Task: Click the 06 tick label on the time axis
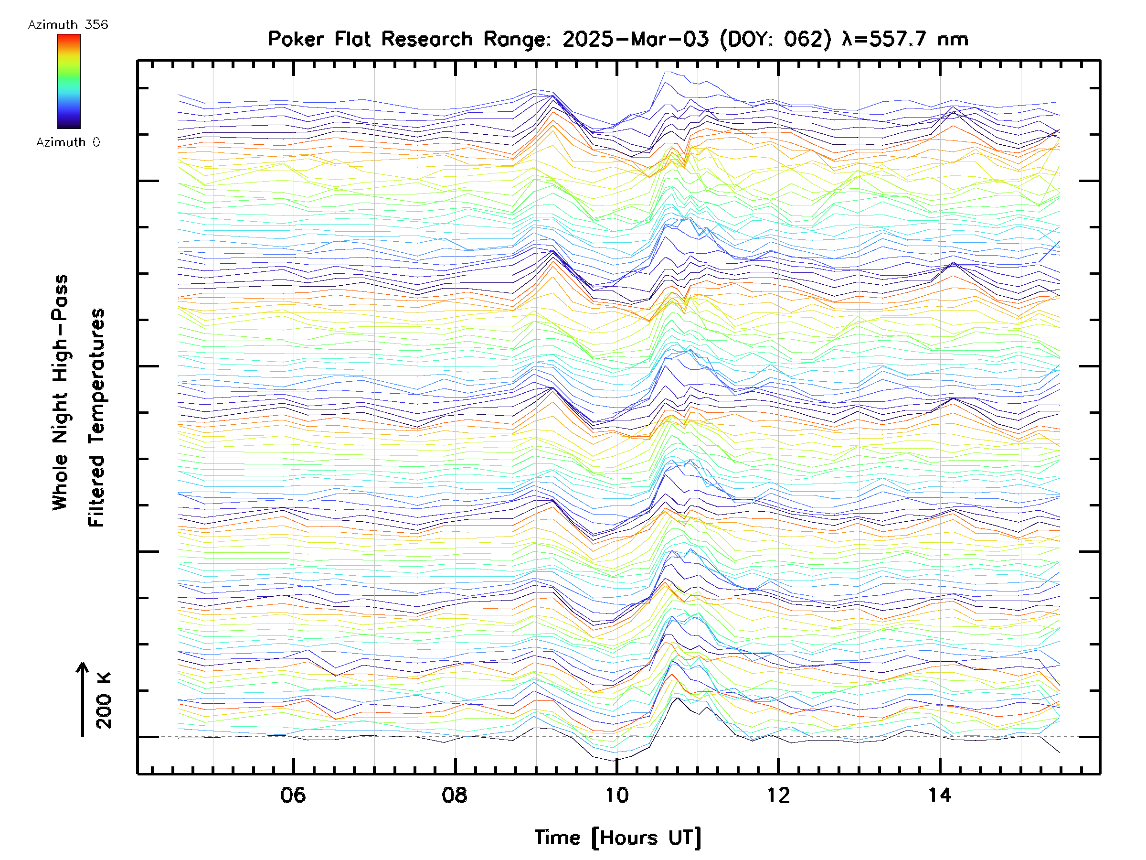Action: click(x=293, y=795)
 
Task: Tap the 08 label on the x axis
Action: click(x=455, y=795)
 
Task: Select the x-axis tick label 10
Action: click(x=616, y=795)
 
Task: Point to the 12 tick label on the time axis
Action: click(x=778, y=795)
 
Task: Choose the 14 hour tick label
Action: click(x=940, y=795)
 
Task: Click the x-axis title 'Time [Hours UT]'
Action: click(x=618, y=838)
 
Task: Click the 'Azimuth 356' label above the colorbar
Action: click(x=68, y=24)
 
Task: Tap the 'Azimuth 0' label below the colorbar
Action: click(x=68, y=142)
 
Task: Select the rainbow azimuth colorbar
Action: click(x=69, y=81)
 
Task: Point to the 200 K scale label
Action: click(x=104, y=701)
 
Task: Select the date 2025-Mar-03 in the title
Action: click(x=635, y=39)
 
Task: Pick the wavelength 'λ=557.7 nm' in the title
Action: click(x=905, y=39)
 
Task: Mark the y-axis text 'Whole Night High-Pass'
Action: click(x=60, y=392)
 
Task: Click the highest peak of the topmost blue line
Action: click(x=667, y=72)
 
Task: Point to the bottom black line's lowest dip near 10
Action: click(x=615, y=761)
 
